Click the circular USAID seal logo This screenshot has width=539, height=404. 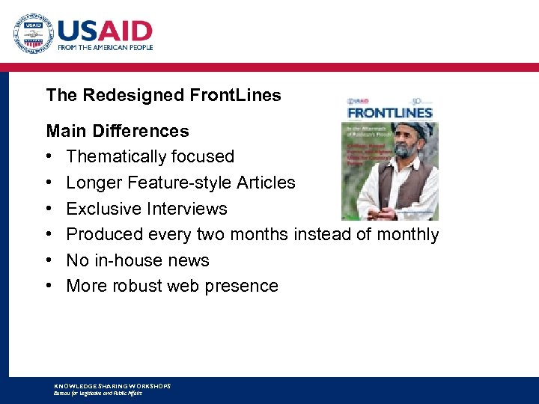(x=31, y=34)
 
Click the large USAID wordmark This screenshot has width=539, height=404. (x=105, y=31)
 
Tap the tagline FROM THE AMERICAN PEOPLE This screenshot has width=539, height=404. (x=106, y=47)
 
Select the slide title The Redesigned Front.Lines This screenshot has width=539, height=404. (x=163, y=95)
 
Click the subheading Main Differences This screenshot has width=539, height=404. (x=118, y=131)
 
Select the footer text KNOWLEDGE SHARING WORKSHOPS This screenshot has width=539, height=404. (x=112, y=385)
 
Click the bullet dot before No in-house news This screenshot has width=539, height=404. (x=49, y=260)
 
